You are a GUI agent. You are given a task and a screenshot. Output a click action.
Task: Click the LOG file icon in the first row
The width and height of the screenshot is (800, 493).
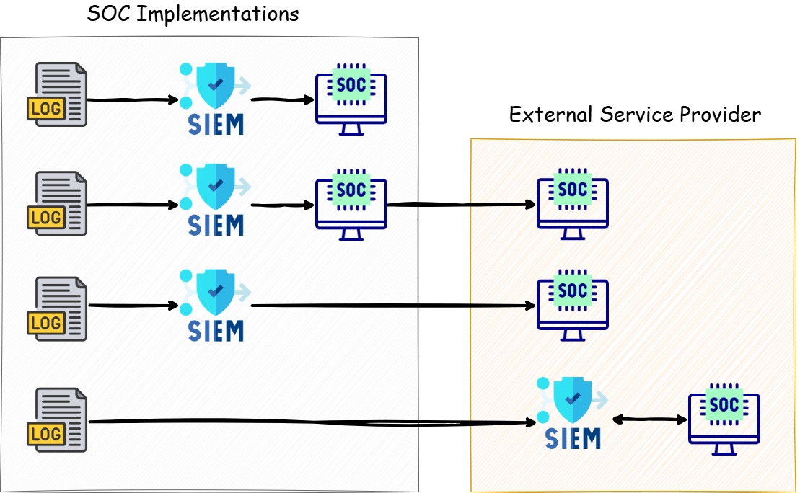click(57, 94)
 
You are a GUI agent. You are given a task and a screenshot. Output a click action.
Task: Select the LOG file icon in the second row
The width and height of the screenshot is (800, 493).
click(57, 203)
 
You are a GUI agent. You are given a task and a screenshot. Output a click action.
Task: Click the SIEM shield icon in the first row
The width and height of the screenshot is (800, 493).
click(214, 97)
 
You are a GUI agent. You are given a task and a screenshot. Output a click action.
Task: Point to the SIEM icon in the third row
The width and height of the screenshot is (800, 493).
click(214, 304)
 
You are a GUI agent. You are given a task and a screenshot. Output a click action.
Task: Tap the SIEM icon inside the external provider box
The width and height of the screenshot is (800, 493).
click(573, 412)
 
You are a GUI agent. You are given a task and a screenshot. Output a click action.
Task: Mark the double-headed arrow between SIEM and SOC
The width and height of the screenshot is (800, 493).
click(649, 418)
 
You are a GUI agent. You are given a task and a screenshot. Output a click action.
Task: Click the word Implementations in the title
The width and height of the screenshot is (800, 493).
click(217, 14)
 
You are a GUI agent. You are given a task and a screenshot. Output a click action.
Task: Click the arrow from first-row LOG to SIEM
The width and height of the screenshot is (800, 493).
click(131, 100)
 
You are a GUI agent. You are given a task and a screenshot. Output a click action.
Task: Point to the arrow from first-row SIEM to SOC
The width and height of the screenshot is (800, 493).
click(281, 99)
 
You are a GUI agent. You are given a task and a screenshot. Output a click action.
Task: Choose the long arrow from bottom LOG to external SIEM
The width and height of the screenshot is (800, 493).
click(310, 422)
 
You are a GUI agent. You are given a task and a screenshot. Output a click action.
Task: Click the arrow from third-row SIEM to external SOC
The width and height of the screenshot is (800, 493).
click(390, 306)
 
